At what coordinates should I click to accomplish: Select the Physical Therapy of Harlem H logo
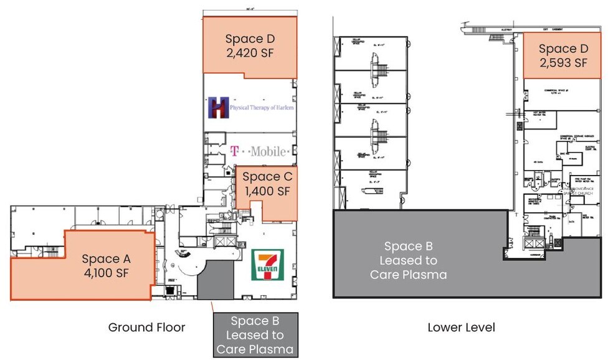[219, 107]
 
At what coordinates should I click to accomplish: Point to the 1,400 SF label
[267, 191]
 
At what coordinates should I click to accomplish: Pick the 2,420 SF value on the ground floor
[250, 52]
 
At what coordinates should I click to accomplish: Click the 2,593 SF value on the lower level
[563, 62]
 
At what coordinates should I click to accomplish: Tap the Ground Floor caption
[146, 327]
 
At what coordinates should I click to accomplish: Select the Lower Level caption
[461, 327]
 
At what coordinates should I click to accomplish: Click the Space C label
[267, 177]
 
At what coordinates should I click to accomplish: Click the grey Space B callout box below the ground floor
[255, 335]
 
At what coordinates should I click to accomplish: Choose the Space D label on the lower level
[563, 49]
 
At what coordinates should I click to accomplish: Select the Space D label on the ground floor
[250, 39]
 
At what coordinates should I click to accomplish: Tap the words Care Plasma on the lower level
[408, 274]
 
